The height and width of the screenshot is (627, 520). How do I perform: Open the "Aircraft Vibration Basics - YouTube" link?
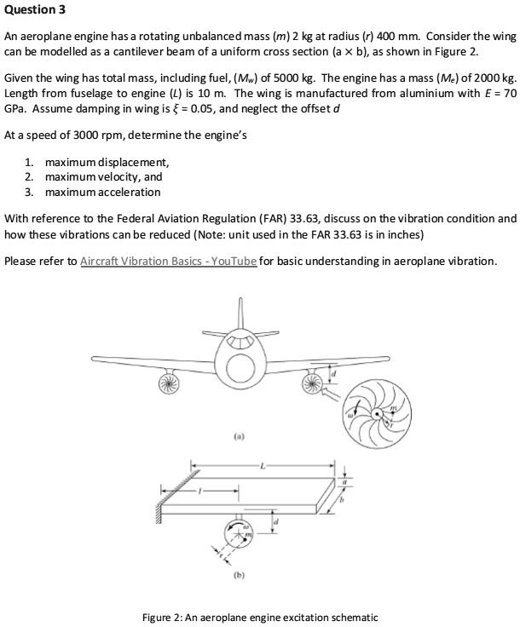pos(168,261)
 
